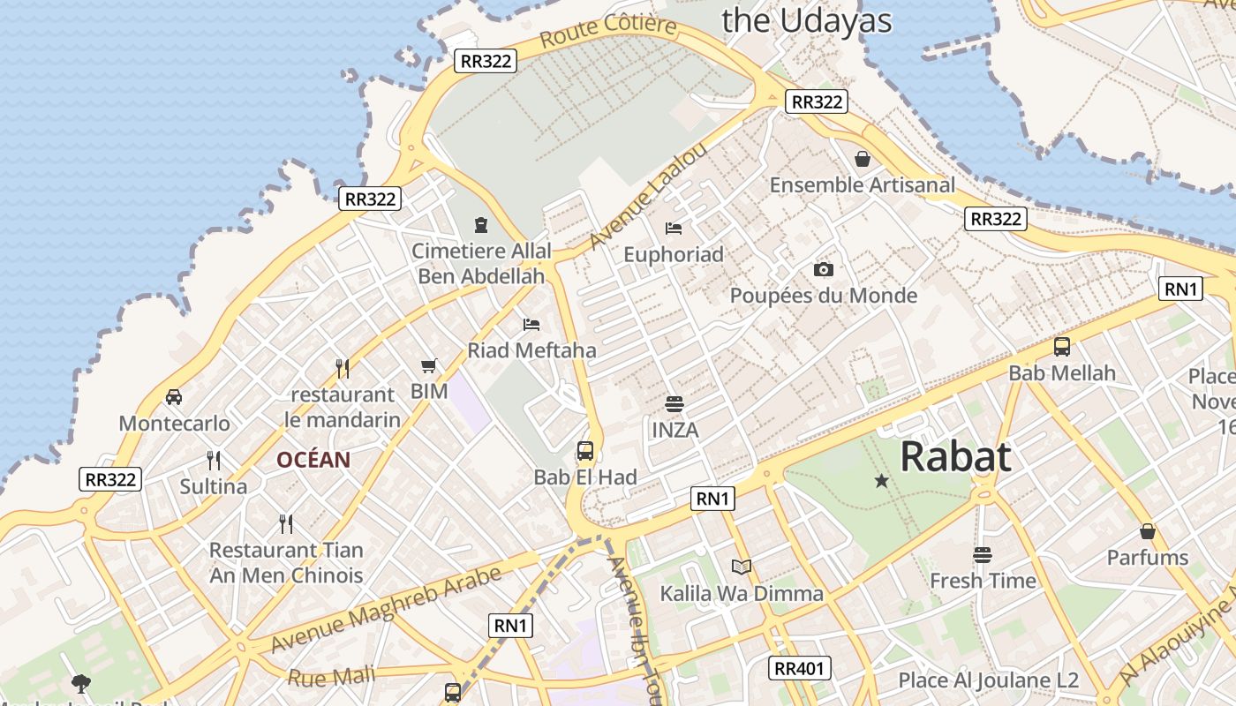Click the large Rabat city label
click(x=955, y=457)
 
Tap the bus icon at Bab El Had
click(x=584, y=451)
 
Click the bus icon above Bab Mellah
click(x=1062, y=347)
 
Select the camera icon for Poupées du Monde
click(x=823, y=269)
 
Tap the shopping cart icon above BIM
click(x=429, y=365)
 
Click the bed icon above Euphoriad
click(x=674, y=229)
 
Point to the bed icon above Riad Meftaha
click(x=531, y=325)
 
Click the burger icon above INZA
click(x=675, y=404)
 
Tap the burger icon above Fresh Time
click(x=983, y=555)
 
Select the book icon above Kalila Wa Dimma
click(x=742, y=567)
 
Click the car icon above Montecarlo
click(x=174, y=397)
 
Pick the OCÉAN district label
click(x=313, y=460)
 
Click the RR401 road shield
click(x=799, y=668)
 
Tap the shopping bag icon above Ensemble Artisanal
click(x=863, y=159)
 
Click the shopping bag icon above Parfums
click(x=1148, y=531)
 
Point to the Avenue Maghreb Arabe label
click(x=386, y=609)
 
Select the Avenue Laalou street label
click(x=648, y=195)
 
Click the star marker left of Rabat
click(x=881, y=481)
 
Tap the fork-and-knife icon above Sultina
click(x=213, y=460)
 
